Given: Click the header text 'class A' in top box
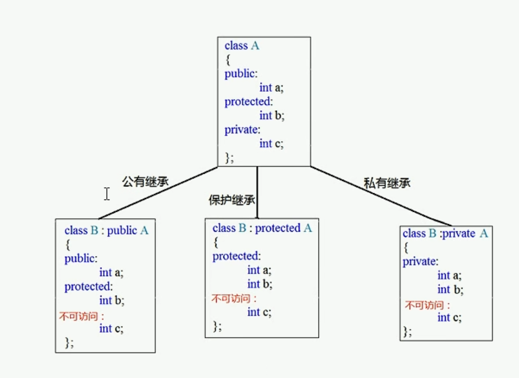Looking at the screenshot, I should coord(242,46).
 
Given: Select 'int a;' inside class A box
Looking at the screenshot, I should coord(271,88).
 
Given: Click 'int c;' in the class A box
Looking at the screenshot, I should coord(271,143).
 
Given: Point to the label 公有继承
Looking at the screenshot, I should coord(145,182).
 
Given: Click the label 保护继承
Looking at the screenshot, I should coord(231,200).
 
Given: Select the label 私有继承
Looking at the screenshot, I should coord(387,183).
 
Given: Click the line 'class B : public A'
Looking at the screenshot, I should coord(106,230).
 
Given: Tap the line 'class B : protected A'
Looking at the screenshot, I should coord(262,228).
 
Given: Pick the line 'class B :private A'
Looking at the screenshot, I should coord(445,233).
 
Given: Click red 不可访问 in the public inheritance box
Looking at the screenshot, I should coord(81,315).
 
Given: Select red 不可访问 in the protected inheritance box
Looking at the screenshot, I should coord(234,299).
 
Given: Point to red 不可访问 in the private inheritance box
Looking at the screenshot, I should coord(428,304).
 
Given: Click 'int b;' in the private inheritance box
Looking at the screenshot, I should coord(450,290).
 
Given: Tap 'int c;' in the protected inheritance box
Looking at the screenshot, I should coord(259,312).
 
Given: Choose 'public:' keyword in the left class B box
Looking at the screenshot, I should coord(81,259).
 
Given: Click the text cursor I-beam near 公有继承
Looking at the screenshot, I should coord(107,194).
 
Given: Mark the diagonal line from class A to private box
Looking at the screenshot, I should coord(381,196).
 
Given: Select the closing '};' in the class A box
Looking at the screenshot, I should coord(229,157).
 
